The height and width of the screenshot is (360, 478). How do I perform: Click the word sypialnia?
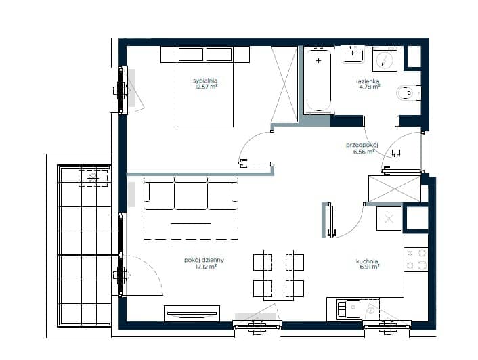tap(205, 81)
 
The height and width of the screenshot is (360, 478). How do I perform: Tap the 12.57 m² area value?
tap(206, 87)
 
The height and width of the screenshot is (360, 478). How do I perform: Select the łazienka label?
tap(368, 81)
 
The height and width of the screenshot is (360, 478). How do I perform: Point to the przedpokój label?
tap(362, 145)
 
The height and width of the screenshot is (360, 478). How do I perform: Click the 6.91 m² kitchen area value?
tap(370, 267)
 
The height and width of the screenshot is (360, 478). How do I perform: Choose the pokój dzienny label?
tap(204, 260)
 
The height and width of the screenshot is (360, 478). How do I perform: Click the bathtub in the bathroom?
tap(319, 80)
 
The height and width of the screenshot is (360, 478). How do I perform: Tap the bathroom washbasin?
tap(353, 54)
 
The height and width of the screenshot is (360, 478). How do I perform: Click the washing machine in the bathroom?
tap(385, 59)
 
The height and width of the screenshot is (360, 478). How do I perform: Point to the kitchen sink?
tap(349, 309)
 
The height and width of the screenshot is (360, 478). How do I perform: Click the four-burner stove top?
tap(416, 260)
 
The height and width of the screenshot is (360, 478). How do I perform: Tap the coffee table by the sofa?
tap(191, 233)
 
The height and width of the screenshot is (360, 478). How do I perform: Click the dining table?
tap(279, 275)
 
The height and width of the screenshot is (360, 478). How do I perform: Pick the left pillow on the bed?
tap(191, 55)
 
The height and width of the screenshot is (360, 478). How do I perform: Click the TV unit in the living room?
tap(192, 313)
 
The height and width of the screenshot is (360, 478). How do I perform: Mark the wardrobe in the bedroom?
tap(284, 85)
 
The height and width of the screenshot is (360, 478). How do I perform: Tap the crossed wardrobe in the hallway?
tap(395, 189)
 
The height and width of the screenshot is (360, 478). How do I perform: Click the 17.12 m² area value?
tap(206, 267)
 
